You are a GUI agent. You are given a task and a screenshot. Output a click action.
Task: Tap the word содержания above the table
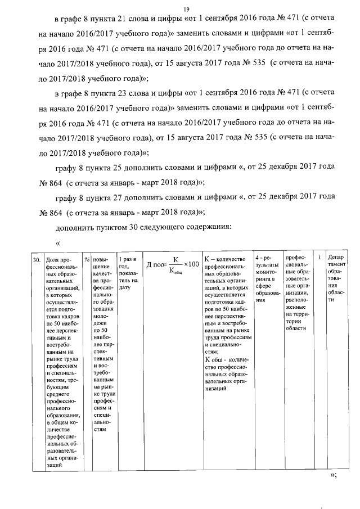point(210,227)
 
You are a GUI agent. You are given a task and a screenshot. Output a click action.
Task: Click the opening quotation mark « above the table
point(57,243)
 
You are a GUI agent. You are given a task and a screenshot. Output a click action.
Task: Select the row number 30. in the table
point(35,260)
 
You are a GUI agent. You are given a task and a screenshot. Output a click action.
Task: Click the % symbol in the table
point(87,260)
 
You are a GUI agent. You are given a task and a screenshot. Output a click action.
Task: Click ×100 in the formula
point(192,264)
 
